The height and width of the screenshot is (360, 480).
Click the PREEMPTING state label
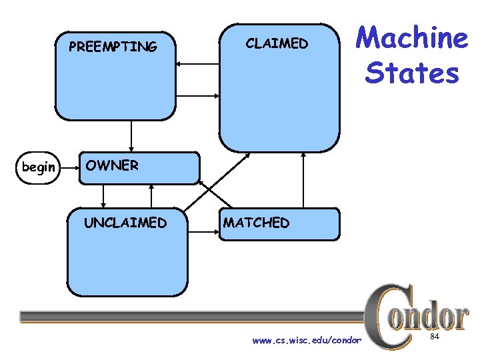point(113,47)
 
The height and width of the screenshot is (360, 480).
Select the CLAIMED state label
point(277,43)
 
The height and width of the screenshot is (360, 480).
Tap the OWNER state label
point(112,165)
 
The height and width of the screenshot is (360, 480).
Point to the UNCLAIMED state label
point(125,223)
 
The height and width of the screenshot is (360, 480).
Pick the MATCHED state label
point(257,223)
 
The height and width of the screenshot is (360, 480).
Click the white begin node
point(39,167)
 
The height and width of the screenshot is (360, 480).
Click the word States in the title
point(411,73)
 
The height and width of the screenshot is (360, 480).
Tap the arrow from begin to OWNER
point(69,167)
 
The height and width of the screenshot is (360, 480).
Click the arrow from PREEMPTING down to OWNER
point(131,135)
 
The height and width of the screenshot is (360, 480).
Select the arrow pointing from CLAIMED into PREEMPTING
point(197,64)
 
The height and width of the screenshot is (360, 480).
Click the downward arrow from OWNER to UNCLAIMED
point(103,195)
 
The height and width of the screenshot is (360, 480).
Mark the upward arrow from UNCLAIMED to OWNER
point(152,195)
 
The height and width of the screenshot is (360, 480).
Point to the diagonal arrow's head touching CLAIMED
point(247,155)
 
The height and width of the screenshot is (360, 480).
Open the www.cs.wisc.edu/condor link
point(306,341)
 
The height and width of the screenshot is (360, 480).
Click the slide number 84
point(434,338)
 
